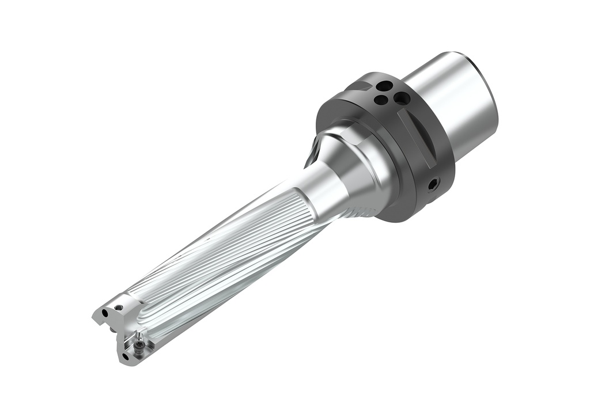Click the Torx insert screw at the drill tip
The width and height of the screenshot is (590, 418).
[x=139, y=344]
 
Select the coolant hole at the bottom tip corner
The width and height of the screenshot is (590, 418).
[x=126, y=357]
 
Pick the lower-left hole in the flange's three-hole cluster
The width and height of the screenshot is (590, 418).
[x=380, y=100]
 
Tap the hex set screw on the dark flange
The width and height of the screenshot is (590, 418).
[x=433, y=184]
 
